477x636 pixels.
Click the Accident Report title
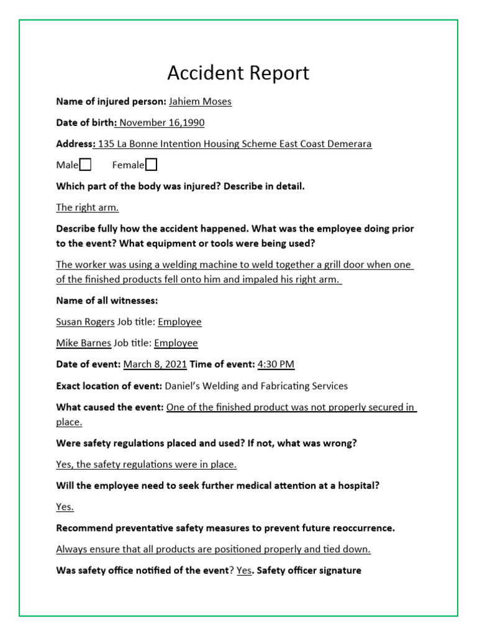pyautogui.click(x=238, y=73)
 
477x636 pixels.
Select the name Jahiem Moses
pyautogui.click(x=200, y=101)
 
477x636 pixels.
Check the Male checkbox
pyautogui.click(x=86, y=165)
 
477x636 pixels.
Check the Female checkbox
pyautogui.click(x=151, y=165)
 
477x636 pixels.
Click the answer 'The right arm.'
pyautogui.click(x=87, y=207)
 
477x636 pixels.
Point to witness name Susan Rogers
pyautogui.click(x=85, y=322)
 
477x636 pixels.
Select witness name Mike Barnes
pyautogui.click(x=83, y=343)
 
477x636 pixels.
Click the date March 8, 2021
pyautogui.click(x=155, y=364)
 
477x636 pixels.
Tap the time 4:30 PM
pyautogui.click(x=276, y=364)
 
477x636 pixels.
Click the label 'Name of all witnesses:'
pyautogui.click(x=107, y=301)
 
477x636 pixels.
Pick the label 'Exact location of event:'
pyautogui.click(x=109, y=386)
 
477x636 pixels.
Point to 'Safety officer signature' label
pyautogui.click(x=309, y=570)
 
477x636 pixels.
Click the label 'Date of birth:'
pyautogui.click(x=86, y=122)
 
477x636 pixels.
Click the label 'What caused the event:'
pyautogui.click(x=110, y=407)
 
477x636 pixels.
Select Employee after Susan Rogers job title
pyautogui.click(x=179, y=322)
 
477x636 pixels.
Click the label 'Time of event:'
pyautogui.click(x=222, y=364)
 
